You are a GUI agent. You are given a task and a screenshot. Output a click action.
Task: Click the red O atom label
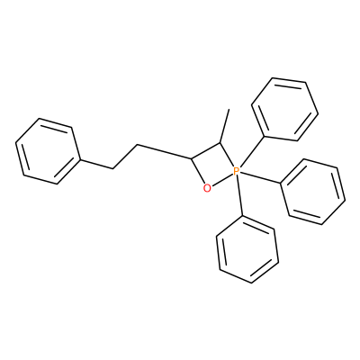(207, 188)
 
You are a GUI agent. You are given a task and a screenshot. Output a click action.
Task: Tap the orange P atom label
(236, 171)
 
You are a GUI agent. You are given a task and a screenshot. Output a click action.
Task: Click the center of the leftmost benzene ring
(48, 151)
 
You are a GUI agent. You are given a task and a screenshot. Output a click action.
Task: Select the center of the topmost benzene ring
(284, 109)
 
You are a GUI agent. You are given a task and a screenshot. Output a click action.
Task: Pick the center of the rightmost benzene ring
(312, 192)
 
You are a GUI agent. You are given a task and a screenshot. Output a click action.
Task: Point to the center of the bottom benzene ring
(247, 250)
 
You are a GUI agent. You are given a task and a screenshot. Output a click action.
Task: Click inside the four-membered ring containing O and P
(213, 166)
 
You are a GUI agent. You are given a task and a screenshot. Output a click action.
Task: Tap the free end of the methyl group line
(229, 109)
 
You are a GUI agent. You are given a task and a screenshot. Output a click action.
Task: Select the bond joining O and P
(221, 179)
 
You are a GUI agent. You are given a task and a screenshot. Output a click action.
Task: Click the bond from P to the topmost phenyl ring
(252, 151)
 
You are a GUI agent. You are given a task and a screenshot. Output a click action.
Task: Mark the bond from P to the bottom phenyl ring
(239, 196)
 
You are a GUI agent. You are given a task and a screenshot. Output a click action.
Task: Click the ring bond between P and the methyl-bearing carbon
(227, 155)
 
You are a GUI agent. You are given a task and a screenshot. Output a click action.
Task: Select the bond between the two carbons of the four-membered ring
(206, 150)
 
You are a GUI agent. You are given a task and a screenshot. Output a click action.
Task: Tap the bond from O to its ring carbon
(197, 170)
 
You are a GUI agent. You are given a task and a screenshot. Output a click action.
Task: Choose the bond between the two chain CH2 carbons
(125, 157)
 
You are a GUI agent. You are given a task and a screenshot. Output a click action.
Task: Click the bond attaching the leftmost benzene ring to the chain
(96, 165)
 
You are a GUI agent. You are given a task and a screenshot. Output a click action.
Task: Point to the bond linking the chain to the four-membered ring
(164, 151)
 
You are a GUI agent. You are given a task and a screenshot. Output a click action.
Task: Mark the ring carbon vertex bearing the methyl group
(220, 143)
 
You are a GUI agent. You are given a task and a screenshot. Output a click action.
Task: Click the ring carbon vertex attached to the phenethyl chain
(191, 157)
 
